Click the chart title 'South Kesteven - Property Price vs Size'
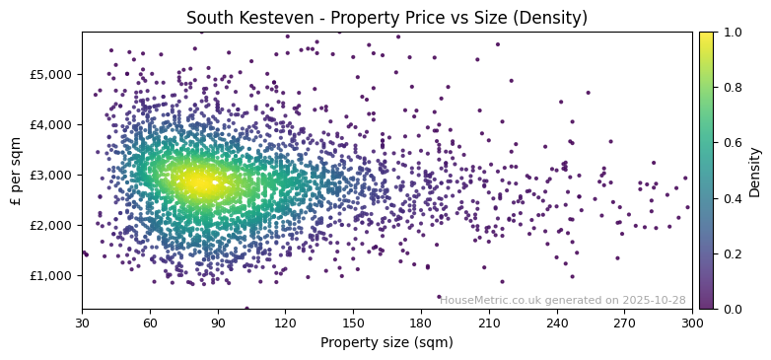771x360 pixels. click(x=386, y=18)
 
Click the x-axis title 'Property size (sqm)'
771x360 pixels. click(x=386, y=343)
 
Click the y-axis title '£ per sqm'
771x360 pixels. click(x=16, y=171)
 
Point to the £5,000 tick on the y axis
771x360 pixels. click(x=49, y=75)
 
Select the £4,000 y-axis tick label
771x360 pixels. click(x=49, y=125)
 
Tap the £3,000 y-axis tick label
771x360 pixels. click(x=49, y=176)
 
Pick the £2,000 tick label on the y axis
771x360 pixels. click(x=49, y=226)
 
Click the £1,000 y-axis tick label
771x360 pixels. click(x=49, y=276)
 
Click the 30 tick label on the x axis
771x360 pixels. click(x=82, y=323)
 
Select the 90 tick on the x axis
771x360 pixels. click(x=218, y=323)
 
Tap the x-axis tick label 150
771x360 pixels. click(x=353, y=323)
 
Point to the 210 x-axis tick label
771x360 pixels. click(x=489, y=323)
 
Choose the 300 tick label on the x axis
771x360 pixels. click(x=692, y=323)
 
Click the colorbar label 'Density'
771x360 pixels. click(x=755, y=171)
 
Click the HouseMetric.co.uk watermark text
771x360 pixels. click(x=562, y=301)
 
